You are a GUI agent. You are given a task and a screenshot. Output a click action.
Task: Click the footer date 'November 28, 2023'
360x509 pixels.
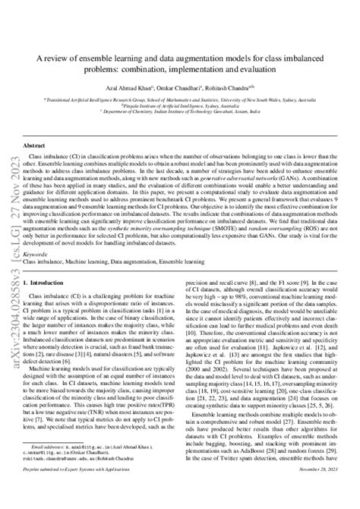(313, 492)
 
